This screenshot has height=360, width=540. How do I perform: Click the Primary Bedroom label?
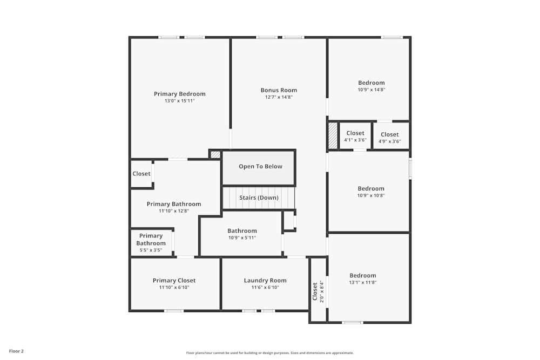click(x=179, y=94)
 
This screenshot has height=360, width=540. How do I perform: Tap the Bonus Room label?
click(x=279, y=90)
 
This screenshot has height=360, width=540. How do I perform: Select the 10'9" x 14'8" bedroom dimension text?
click(x=371, y=90)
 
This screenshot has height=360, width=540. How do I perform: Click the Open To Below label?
click(x=260, y=166)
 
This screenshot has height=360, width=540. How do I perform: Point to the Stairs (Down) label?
click(x=259, y=198)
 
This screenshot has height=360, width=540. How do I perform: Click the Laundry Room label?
click(x=265, y=280)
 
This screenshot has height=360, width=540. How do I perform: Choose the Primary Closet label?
click(x=174, y=280)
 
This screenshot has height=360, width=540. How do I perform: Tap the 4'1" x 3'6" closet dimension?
click(x=355, y=140)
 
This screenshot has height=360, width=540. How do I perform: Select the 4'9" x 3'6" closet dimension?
click(x=389, y=141)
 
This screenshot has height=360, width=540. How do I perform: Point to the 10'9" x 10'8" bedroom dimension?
click(x=371, y=195)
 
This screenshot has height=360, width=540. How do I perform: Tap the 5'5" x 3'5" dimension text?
click(x=151, y=250)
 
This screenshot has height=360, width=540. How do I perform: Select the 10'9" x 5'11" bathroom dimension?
click(x=242, y=237)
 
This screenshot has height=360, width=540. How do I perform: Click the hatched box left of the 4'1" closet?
click(x=333, y=136)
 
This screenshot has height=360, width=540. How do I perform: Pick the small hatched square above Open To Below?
click(x=215, y=154)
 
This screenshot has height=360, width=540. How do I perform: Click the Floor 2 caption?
click(x=16, y=351)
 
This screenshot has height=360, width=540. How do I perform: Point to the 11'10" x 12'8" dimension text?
click(x=174, y=211)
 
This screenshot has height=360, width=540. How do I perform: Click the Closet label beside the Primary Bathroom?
click(x=141, y=174)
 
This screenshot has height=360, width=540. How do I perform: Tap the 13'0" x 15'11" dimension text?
click(x=179, y=101)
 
